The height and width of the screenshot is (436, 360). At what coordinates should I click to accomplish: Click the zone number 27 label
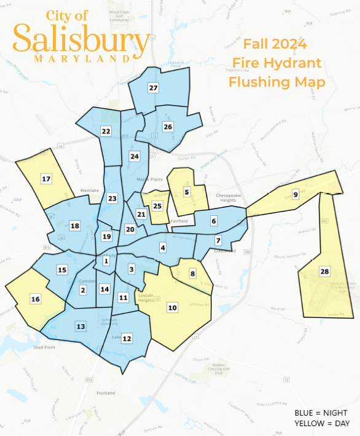coord(153,88)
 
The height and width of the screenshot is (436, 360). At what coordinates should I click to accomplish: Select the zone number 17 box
coord(46,179)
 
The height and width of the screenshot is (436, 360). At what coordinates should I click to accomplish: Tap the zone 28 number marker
coord(324,271)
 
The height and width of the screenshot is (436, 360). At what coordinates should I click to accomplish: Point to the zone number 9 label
coord(295,194)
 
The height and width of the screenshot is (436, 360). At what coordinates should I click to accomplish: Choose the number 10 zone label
coord(172,307)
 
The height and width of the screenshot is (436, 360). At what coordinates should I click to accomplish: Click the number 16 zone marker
coord(36,299)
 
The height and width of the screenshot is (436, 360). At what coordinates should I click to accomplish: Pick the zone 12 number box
coord(127,338)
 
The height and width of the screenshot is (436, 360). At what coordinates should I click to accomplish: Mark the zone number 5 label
coord(187,192)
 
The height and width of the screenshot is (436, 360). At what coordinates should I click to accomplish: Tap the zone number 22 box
coord(106,131)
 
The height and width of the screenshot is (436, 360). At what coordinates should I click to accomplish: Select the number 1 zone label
coord(106,261)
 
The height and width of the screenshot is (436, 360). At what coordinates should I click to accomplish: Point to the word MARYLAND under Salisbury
coord(82,60)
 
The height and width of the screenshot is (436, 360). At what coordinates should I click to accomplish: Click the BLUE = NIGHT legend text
coord(320,412)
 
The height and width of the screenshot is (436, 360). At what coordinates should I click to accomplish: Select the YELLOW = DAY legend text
coord(320,424)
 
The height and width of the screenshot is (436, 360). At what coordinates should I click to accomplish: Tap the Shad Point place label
coord(44,347)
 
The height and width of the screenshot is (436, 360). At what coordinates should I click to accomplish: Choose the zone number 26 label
coord(168,127)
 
